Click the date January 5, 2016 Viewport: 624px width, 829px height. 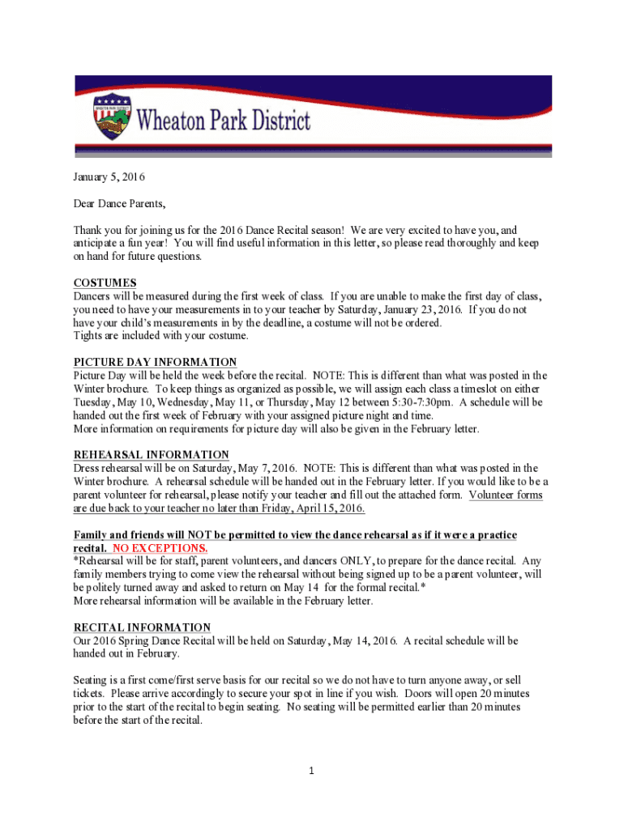104,176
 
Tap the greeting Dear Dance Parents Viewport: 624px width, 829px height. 113,203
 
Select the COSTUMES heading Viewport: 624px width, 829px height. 105,283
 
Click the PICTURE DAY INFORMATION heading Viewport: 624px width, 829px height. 156,362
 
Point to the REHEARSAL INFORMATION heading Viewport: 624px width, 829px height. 152,455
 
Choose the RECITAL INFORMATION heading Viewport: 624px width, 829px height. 143,627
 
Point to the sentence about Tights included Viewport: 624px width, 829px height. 161,335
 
